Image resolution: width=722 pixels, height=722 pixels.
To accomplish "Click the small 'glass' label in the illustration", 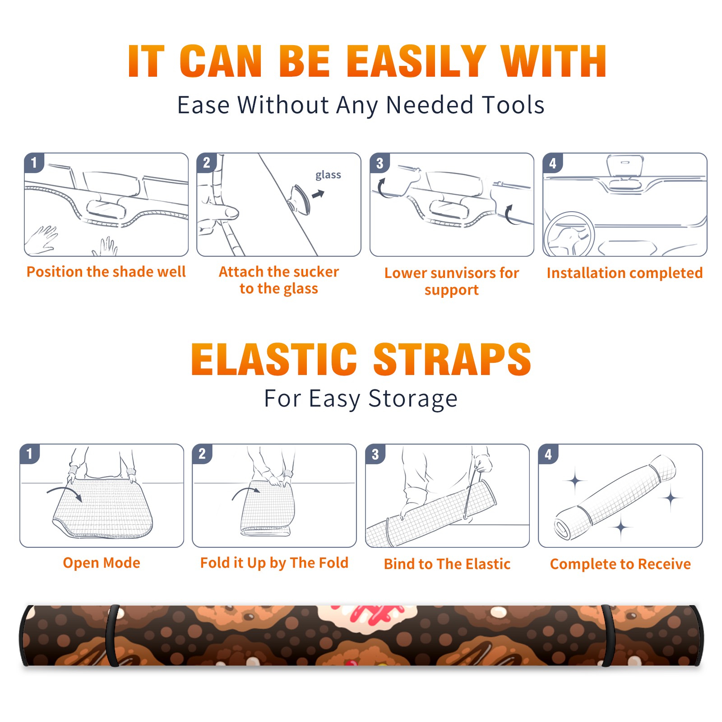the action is tap(328, 175).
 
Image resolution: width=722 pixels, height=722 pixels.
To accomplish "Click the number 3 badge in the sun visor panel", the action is tap(380, 163).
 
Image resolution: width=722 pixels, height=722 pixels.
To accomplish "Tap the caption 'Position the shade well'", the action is tap(106, 272).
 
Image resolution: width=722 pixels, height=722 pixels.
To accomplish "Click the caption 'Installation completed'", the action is tap(625, 273).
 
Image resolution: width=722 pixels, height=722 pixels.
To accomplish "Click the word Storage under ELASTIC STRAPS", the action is tap(413, 399).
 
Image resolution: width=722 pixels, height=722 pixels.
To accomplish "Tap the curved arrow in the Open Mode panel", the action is tap(64, 493).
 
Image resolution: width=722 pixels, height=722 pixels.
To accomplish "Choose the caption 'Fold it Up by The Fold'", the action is tap(274, 563).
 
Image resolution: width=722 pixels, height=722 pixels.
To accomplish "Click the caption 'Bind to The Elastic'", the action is tap(447, 564).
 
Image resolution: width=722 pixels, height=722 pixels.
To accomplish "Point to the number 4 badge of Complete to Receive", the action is tap(548, 454).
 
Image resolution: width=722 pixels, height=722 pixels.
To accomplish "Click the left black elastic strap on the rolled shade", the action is tap(113, 635).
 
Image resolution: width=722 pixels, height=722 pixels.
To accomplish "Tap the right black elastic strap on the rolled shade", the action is tap(608, 635).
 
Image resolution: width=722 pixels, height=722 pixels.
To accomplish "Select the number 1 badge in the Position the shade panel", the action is tap(34, 162).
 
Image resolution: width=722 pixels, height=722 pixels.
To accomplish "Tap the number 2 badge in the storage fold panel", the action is tap(202, 454).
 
